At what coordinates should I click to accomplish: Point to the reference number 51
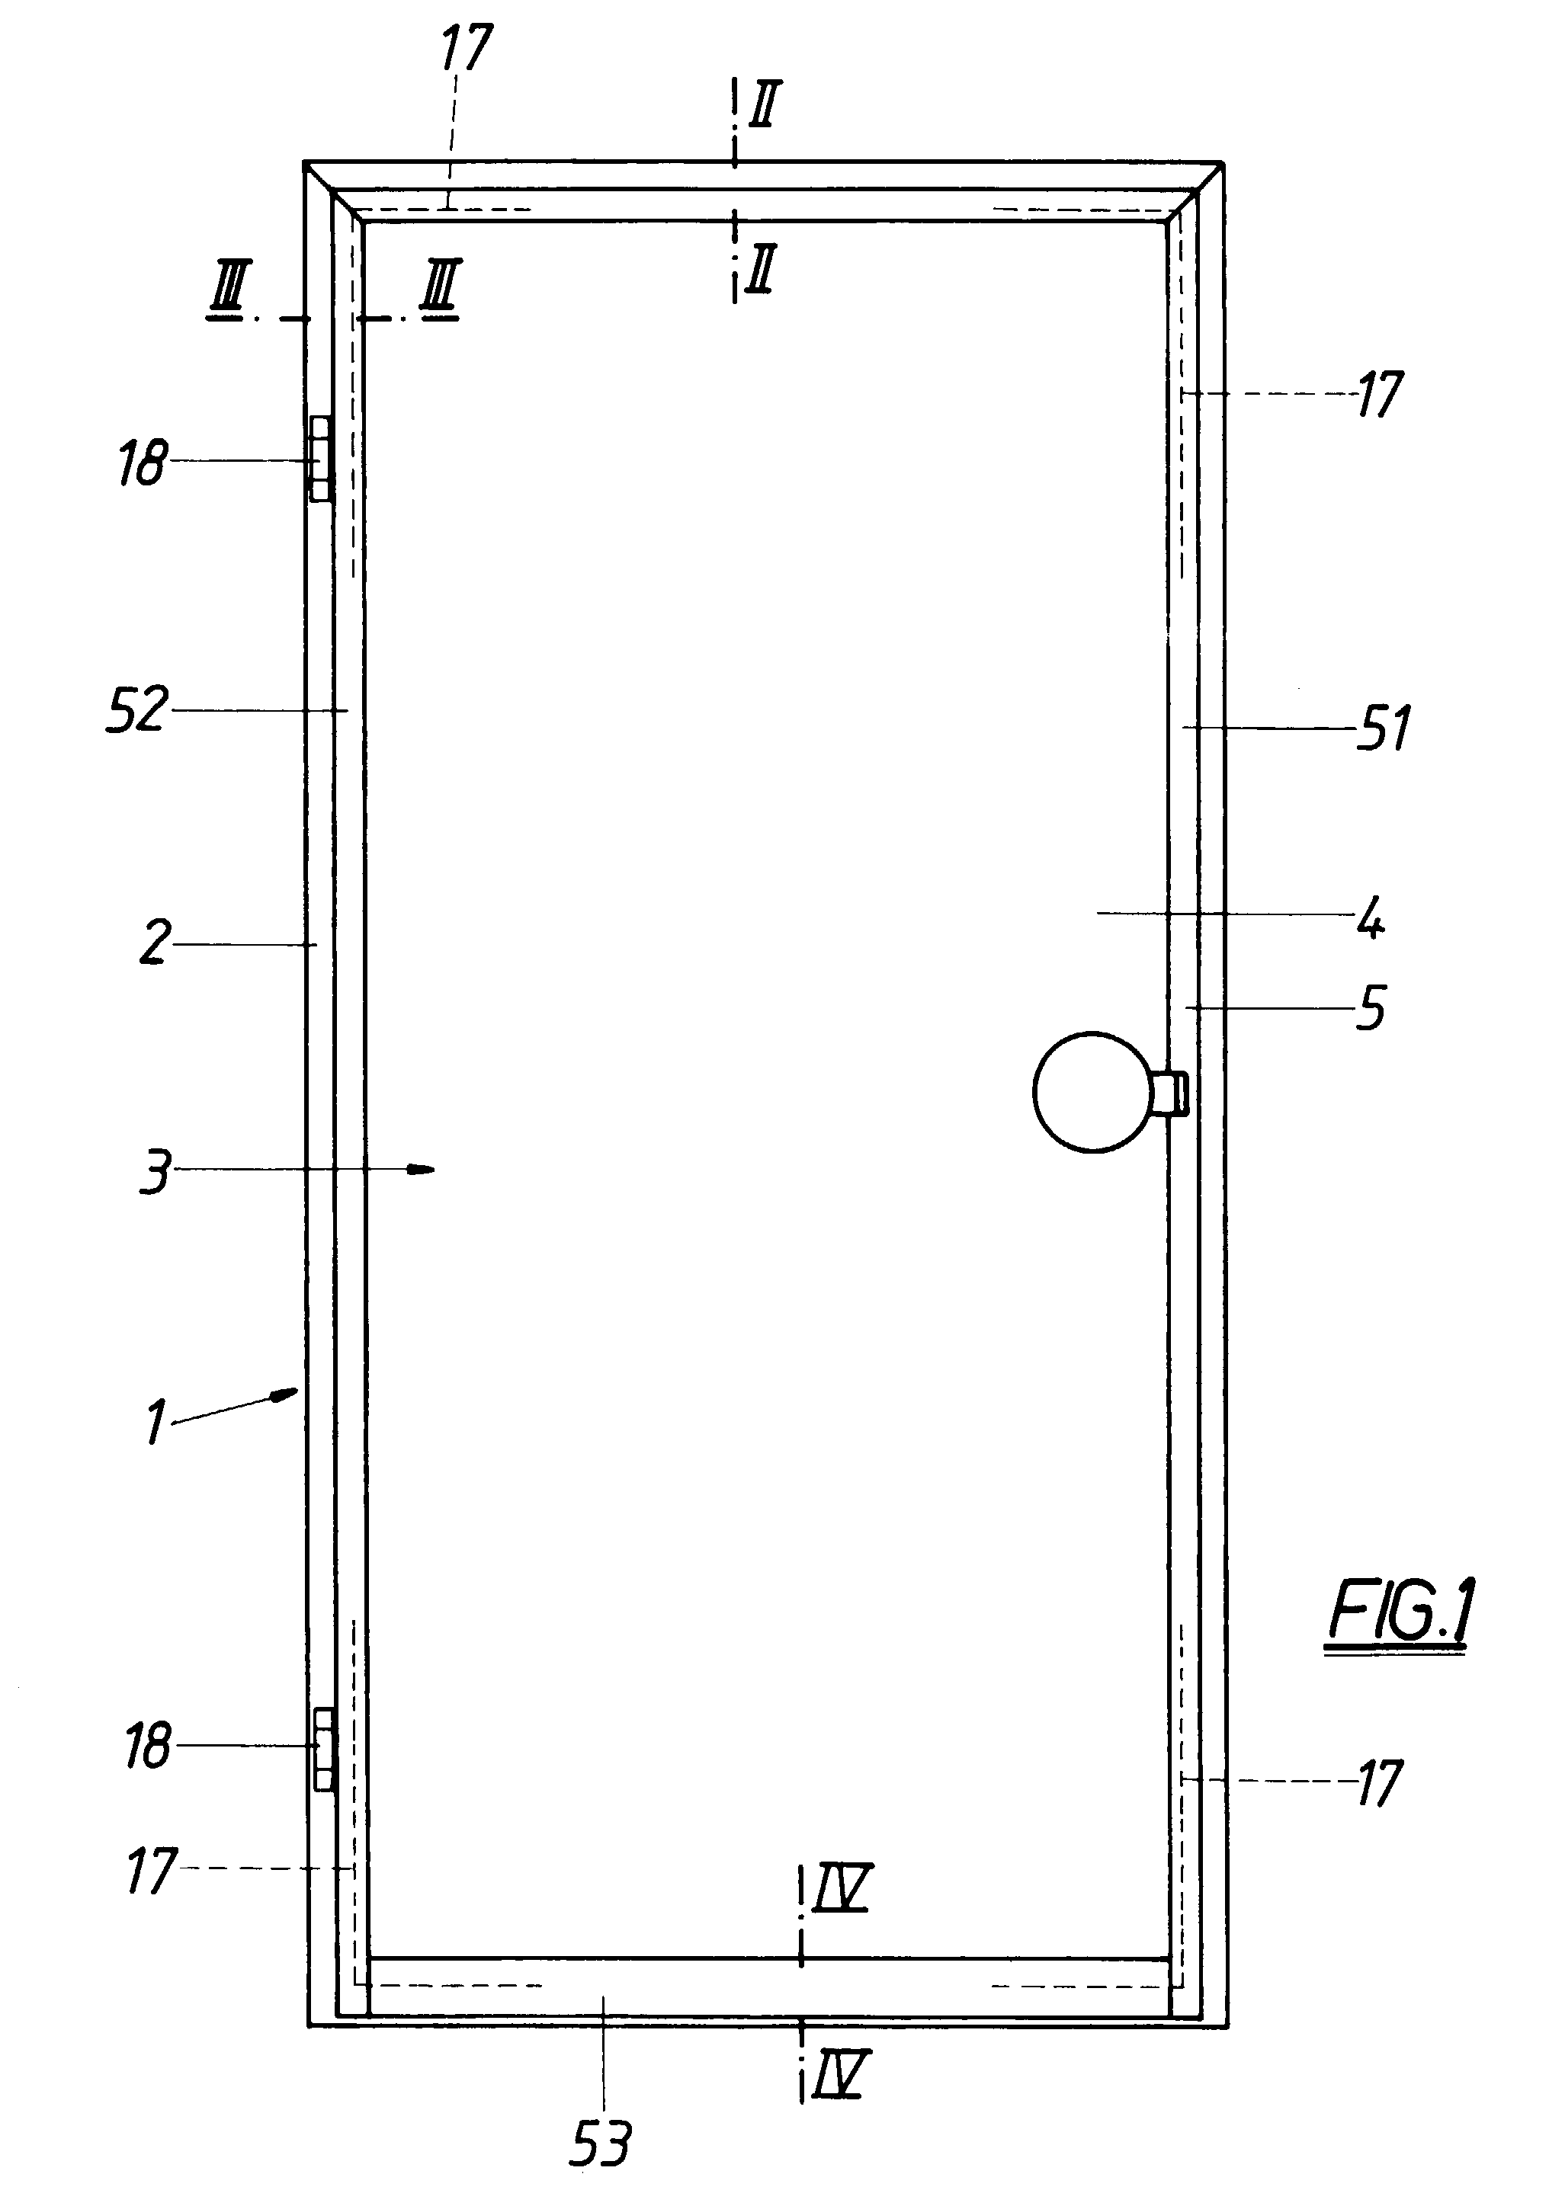(x=1384, y=727)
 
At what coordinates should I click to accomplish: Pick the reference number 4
(x=1371, y=917)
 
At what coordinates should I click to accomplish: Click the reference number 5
(x=1371, y=1008)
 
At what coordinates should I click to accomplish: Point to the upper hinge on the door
(x=321, y=459)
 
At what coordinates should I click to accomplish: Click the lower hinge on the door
(x=323, y=1750)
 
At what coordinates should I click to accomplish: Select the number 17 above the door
(x=466, y=48)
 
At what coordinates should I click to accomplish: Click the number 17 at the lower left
(x=151, y=1870)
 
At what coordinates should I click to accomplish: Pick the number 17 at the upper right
(x=1380, y=394)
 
